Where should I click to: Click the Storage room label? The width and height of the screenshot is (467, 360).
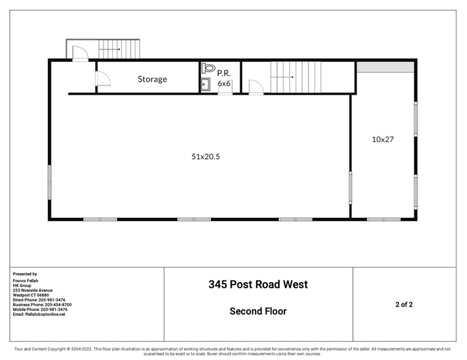tap(152, 79)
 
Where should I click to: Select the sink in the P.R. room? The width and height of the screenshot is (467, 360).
tap(205, 84)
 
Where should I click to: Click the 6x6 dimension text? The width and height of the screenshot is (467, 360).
tap(224, 83)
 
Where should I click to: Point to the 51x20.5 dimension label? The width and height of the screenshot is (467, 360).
tap(205, 157)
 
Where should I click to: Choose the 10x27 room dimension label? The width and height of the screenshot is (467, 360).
tap(382, 140)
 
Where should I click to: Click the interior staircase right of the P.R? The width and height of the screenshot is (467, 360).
tap(296, 77)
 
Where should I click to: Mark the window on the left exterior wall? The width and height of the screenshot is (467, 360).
tap(50, 182)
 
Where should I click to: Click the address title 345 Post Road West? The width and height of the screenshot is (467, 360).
tap(258, 284)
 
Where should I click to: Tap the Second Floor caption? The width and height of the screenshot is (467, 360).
tap(258, 311)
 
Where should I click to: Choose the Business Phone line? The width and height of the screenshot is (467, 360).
tap(42, 304)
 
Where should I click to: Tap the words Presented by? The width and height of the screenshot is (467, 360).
tap(25, 274)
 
